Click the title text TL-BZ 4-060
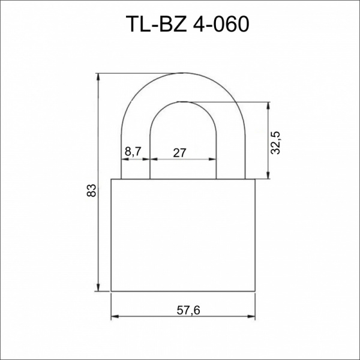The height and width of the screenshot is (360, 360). [x=187, y=24]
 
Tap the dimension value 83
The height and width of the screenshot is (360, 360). [x=91, y=190]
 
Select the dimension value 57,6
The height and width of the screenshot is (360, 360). [x=188, y=311]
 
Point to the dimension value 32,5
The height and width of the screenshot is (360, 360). [x=275, y=143]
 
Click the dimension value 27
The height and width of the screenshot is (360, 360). [x=179, y=153]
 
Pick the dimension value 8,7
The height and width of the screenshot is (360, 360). [x=133, y=152]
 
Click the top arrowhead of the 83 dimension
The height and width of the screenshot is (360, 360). [x=98, y=77]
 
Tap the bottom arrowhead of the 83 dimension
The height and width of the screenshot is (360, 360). [x=98, y=288]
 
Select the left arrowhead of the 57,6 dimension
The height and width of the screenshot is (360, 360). [x=115, y=316]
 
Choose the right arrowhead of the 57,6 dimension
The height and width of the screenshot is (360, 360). [x=251, y=316]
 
